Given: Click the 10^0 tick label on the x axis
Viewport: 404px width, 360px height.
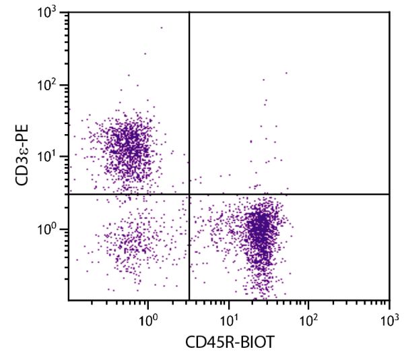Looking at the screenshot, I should tap(148, 316).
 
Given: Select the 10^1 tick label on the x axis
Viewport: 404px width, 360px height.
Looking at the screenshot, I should tap(229, 316).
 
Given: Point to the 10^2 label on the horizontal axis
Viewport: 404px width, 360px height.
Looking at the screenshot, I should tap(309, 316).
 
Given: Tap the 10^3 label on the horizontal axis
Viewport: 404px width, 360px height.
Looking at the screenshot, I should tap(389, 316).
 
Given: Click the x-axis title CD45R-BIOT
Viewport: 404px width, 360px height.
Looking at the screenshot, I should tap(229, 342).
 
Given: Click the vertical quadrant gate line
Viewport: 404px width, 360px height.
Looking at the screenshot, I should tap(189, 101).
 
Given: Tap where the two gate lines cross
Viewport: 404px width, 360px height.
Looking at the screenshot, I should tap(189, 194).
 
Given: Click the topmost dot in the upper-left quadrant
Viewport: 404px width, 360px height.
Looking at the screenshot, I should tap(161, 28).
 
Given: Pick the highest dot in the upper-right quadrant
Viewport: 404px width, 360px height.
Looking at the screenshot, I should tap(286, 73).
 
